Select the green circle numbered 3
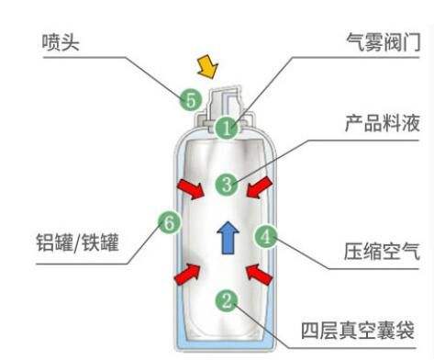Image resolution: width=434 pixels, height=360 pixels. tap(226, 184)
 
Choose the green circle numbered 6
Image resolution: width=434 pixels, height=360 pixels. tap(167, 221)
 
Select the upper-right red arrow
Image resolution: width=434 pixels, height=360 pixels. tap(261, 188)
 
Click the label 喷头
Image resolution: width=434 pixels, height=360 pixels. tap(62, 42)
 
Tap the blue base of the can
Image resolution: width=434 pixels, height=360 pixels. tap(225, 345)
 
